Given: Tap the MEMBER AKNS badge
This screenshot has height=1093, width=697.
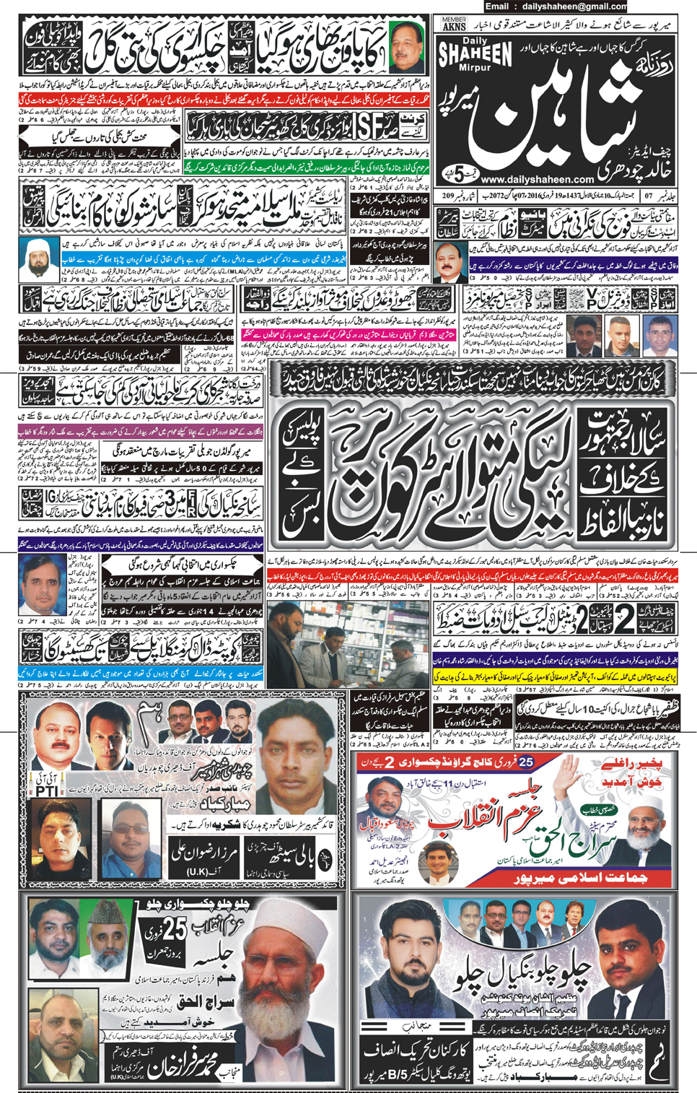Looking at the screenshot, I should pos(454,24).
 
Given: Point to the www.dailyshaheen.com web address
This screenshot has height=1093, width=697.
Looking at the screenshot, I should pos(536,179).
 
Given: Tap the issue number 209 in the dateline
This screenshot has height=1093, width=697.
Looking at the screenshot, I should pos(448,196).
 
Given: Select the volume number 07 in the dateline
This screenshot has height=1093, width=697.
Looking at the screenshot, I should pos(648,196).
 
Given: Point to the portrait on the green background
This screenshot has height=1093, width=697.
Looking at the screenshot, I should pos(407,46).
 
